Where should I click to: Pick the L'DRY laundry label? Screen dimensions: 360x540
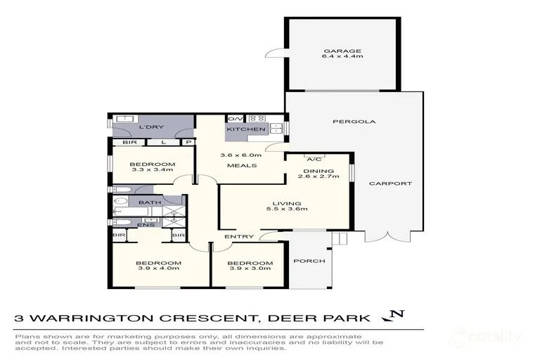[150, 127]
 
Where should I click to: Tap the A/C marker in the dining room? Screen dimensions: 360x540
[310, 158]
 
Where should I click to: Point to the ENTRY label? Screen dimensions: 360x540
[233, 236]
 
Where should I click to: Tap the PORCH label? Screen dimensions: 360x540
[309, 261]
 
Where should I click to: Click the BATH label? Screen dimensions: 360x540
[149, 202]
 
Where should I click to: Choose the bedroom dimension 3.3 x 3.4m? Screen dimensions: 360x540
[153, 171]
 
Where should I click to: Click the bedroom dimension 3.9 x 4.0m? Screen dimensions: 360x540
[157, 268]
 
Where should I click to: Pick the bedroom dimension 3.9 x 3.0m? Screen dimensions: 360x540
[245, 268]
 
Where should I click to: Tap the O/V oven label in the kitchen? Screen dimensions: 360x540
[233, 119]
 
